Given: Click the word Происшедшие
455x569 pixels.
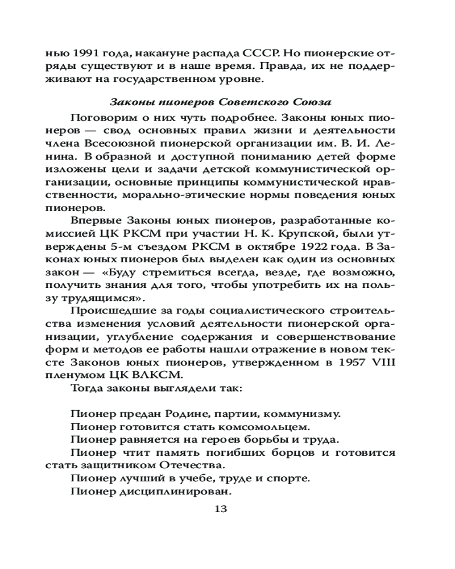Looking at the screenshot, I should pos(106,311).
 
